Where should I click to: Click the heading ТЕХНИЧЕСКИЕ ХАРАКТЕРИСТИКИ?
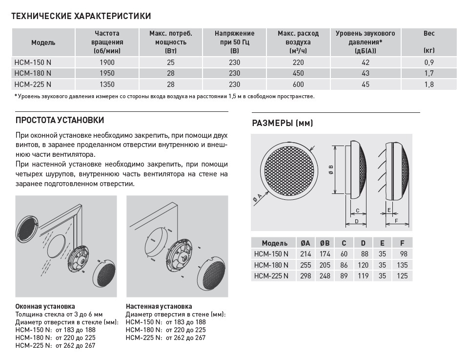coord(81,17)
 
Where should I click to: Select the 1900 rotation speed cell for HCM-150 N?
coord(106,63)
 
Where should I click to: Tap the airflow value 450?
coord(298,73)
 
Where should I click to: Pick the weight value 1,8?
coord(429,85)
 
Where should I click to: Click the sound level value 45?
coord(366,85)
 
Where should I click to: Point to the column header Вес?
coord(429,33)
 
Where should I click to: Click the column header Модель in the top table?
coord(43,42)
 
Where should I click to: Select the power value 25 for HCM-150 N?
coord(170,63)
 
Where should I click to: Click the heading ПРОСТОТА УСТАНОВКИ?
coord(60,120)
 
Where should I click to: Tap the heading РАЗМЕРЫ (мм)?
coord(282,124)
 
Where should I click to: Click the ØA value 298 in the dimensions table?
coord(305,276)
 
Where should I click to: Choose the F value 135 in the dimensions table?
coord(402,265)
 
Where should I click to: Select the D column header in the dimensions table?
coord(363,243)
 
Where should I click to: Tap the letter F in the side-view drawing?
coord(396,221)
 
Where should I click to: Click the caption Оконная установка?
coord(45,306)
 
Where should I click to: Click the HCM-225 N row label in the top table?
coord(33,85)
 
